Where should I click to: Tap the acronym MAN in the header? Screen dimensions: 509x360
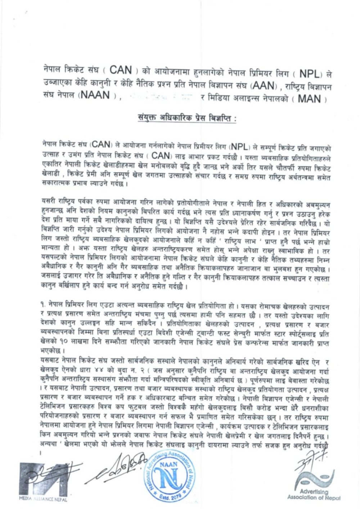click(x=309, y=98)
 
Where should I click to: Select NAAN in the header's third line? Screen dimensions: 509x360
click(x=95, y=96)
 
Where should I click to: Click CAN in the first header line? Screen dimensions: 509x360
click(x=120, y=70)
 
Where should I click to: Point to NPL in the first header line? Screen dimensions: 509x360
click(x=309, y=74)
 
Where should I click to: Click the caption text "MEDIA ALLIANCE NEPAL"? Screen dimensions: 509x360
click(x=43, y=499)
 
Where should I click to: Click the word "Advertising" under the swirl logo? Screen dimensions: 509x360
click(x=314, y=492)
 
